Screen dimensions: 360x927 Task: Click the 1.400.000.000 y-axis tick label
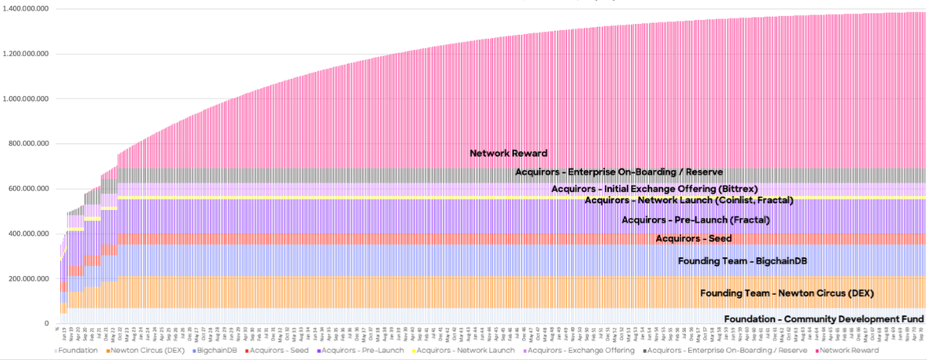[26, 8]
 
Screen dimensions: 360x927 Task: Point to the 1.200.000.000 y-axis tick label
[26, 54]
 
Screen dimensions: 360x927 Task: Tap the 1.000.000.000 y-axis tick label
[26, 99]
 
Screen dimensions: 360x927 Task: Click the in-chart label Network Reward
[508, 153]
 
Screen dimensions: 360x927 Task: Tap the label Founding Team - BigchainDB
[732, 260]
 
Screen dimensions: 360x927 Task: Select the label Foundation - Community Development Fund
[823, 318]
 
